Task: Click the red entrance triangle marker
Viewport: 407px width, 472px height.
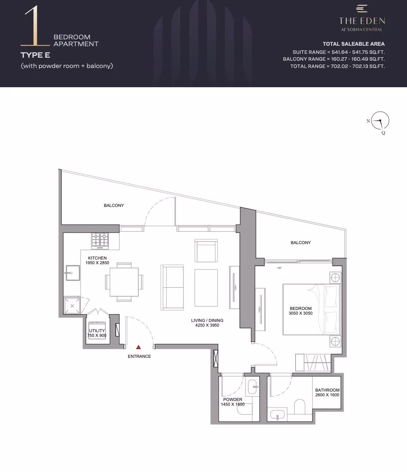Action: point(138,347)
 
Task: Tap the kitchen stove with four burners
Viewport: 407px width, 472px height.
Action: point(100,241)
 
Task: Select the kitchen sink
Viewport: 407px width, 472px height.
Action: point(72,273)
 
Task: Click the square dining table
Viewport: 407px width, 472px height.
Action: point(124,282)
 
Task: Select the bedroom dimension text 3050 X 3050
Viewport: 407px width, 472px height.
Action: point(300,313)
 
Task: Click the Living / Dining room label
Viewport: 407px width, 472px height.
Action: point(207,320)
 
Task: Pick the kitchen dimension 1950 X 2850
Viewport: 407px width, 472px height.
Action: point(97,263)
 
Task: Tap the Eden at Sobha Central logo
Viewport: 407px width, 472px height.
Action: point(362,18)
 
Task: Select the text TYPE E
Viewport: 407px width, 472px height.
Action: point(35,55)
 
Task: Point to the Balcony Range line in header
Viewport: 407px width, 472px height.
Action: point(334,59)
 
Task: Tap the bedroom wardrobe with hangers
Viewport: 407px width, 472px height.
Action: point(313,363)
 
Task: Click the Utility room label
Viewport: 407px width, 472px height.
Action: point(97,330)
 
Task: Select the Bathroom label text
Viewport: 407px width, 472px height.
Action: point(327,390)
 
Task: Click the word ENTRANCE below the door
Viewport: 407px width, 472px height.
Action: point(139,357)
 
